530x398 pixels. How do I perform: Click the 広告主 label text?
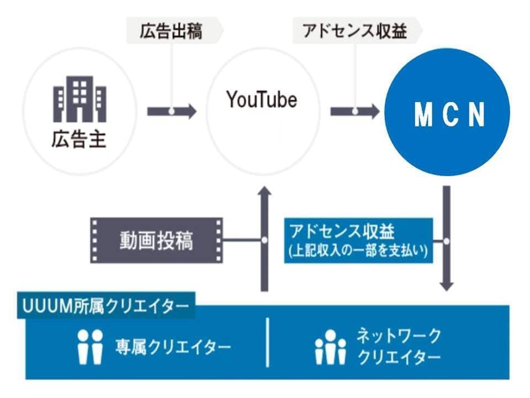(x=79, y=139)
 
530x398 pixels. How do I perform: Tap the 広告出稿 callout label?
(x=171, y=31)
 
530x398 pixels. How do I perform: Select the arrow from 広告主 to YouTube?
(x=171, y=111)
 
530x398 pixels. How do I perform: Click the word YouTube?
(x=262, y=99)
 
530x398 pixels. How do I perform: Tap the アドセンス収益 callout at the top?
(x=354, y=31)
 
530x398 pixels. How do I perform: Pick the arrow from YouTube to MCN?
(x=354, y=111)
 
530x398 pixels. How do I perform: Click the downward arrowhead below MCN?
(x=447, y=285)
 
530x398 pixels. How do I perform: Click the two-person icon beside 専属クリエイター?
(x=89, y=347)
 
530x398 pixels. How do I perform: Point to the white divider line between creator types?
(x=268, y=342)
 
